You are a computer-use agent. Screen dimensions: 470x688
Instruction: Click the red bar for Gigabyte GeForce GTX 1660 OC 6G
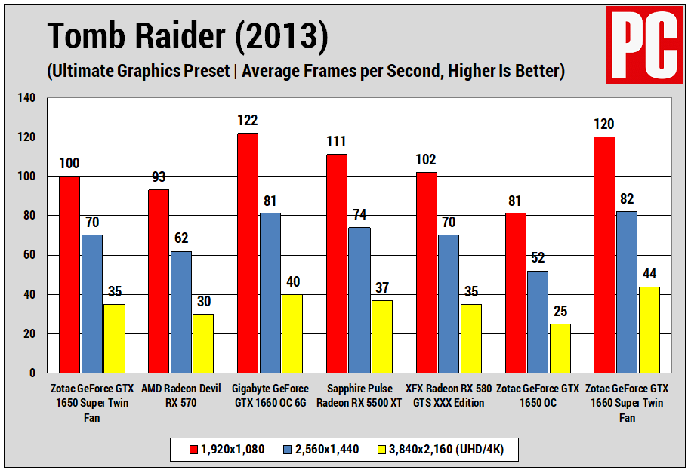(247, 253)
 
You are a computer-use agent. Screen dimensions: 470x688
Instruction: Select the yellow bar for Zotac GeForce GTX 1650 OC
(560, 348)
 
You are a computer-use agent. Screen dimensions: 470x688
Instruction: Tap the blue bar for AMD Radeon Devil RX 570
(180, 312)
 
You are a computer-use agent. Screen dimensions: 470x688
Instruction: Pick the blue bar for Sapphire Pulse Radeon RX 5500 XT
(359, 300)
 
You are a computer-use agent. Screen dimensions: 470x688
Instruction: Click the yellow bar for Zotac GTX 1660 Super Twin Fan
(649, 329)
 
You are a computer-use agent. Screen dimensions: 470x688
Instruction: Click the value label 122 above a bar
(247, 121)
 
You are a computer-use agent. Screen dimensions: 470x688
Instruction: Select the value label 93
(158, 177)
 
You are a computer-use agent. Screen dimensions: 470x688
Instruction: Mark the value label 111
(336, 142)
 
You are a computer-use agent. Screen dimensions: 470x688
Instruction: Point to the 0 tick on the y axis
(32, 373)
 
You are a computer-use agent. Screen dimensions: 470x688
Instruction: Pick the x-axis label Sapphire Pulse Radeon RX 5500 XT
(359, 395)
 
